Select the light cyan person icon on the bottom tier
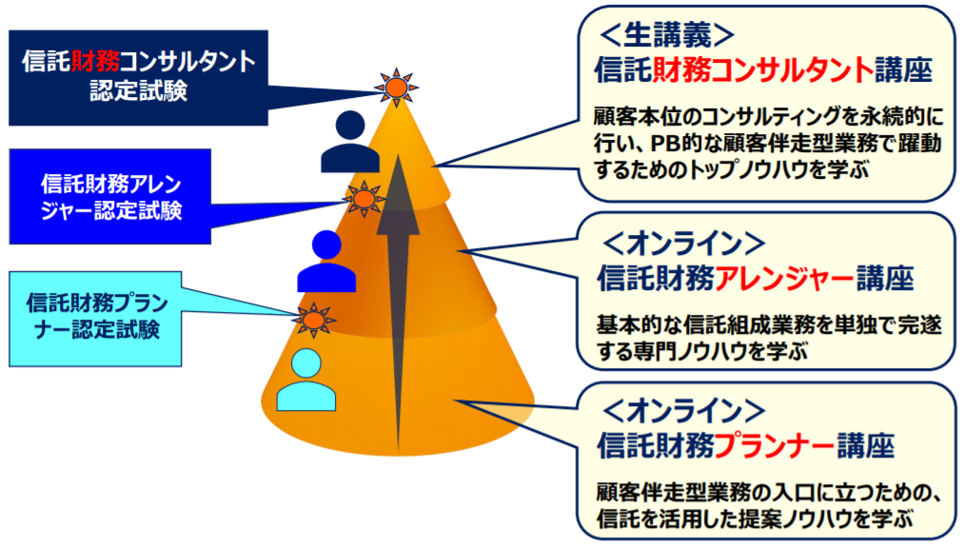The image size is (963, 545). [305, 380]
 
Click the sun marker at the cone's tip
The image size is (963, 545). [396, 88]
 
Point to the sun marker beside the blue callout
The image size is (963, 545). [364, 199]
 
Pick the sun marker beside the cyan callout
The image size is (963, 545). [314, 320]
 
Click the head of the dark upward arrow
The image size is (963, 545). [398, 195]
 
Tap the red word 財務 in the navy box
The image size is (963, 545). [95, 61]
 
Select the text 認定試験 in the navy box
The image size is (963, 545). [138, 91]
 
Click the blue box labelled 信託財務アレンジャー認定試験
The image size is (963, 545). [110, 196]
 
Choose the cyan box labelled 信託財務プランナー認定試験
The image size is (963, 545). [95, 319]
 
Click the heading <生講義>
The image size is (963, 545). [666, 34]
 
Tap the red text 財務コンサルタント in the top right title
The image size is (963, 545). [762, 69]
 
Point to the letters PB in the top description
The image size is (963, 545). [666, 144]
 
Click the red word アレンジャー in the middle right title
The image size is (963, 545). [784, 278]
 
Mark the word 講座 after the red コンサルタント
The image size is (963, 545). [903, 69]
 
